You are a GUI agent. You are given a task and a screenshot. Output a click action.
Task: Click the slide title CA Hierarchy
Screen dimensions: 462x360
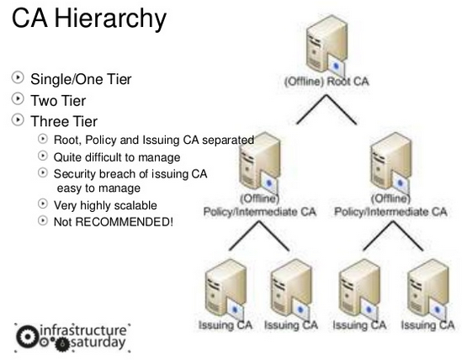click(x=89, y=19)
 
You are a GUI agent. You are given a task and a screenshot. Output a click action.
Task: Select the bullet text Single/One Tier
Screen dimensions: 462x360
click(x=81, y=79)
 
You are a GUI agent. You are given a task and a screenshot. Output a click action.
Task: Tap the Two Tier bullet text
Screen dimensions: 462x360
click(x=58, y=101)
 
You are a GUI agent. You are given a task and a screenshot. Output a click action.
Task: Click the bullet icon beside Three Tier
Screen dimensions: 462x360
click(x=18, y=120)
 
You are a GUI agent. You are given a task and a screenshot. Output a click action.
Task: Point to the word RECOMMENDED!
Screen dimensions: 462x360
click(x=125, y=222)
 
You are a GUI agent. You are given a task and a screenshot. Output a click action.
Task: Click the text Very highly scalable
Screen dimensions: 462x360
click(x=105, y=205)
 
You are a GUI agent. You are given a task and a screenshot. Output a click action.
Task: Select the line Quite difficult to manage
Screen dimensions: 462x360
click(x=117, y=157)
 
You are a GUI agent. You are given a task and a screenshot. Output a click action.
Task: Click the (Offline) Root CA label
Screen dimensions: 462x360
click(x=327, y=81)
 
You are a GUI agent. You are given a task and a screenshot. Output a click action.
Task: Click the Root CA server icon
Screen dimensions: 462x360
click(x=327, y=45)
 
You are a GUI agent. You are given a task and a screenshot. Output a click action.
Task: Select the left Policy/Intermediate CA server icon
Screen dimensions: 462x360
click(x=259, y=163)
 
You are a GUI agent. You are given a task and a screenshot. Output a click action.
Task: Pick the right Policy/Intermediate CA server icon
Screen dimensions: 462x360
click(x=390, y=163)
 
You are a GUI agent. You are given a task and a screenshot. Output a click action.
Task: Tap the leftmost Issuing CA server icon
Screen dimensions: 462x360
click(x=225, y=290)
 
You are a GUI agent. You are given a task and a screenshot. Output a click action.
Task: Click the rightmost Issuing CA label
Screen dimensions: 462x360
click(x=427, y=325)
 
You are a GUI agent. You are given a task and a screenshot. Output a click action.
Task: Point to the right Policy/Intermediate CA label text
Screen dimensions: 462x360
click(x=390, y=211)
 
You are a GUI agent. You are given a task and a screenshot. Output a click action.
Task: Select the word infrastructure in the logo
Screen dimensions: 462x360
click(x=83, y=331)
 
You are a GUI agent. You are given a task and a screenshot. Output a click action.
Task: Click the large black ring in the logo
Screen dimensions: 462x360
click(x=28, y=336)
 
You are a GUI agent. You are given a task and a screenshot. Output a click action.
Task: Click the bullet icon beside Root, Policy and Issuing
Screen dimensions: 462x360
click(x=43, y=139)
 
